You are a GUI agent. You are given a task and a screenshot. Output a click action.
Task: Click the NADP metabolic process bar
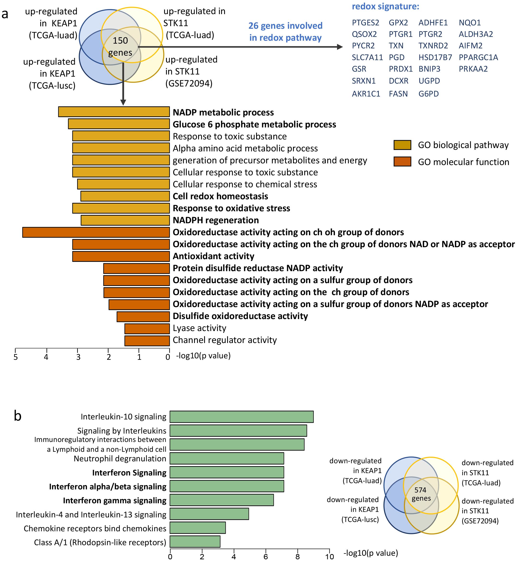coord(114,112)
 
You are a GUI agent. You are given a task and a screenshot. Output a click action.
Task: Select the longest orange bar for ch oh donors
coord(96,232)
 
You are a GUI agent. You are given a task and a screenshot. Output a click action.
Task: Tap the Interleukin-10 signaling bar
coord(241,417)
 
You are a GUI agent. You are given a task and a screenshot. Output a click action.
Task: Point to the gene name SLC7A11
coord(367,57)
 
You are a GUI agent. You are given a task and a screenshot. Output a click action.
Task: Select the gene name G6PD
coord(428,94)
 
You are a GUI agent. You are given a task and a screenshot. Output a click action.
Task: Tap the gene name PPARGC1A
coord(478,57)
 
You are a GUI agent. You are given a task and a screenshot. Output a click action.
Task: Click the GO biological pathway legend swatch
coord(402,145)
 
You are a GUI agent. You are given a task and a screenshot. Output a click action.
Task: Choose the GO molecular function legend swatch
coord(402,162)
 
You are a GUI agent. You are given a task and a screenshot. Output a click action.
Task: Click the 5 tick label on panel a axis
coord(16,357)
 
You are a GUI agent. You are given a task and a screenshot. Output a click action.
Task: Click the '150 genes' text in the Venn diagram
coord(120,46)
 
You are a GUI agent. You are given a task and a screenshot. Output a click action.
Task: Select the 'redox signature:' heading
coord(385,6)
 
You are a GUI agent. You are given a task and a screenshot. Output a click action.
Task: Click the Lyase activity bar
coord(147,329)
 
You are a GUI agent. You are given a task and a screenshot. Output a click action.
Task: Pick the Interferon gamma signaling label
coord(115,500)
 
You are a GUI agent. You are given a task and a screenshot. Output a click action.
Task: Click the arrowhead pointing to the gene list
coord(340,47)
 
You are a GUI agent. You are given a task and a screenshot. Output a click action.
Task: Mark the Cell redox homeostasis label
coord(220,196)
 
